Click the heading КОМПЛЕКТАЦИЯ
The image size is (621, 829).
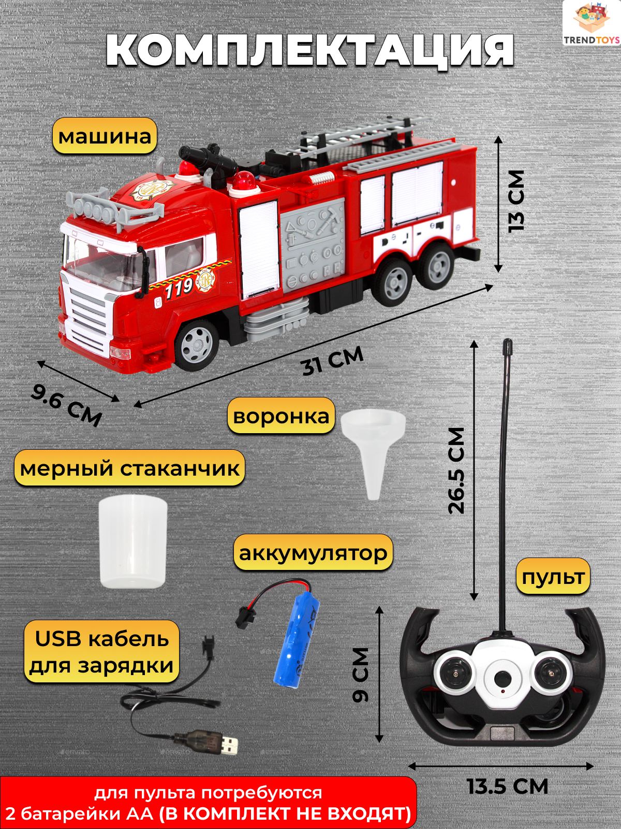point(309,51)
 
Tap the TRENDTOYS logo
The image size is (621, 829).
point(592,23)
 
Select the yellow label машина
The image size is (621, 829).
point(105,136)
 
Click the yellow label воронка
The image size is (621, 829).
point(281,416)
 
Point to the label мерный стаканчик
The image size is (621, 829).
point(129,468)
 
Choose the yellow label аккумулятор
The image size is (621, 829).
point(313,553)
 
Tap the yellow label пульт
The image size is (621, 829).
point(553,577)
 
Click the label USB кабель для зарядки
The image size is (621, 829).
point(102,652)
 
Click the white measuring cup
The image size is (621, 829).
point(133,541)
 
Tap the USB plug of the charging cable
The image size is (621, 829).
point(227,744)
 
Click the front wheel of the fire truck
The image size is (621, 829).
point(197,344)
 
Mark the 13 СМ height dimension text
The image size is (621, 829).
point(516,201)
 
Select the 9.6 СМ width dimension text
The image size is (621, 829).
point(66,405)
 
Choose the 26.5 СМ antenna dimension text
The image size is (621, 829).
point(457,470)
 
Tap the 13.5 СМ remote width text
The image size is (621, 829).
point(507,787)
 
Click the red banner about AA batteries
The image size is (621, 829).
point(208,803)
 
